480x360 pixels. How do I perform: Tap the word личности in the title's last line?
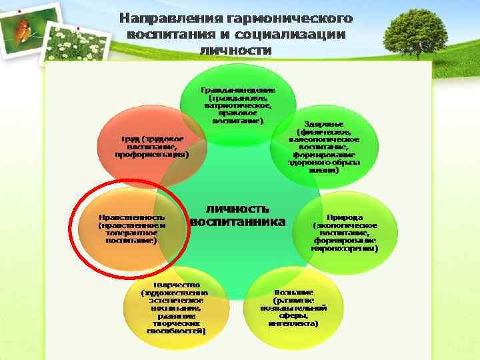coord(235,50)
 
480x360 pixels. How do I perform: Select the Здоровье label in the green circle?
coord(324,125)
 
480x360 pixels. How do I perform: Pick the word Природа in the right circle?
coord(344,217)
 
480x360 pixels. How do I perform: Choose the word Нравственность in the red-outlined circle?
coord(131,217)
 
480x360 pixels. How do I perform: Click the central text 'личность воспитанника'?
coord(238,215)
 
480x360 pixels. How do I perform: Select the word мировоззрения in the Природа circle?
coord(344,248)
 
